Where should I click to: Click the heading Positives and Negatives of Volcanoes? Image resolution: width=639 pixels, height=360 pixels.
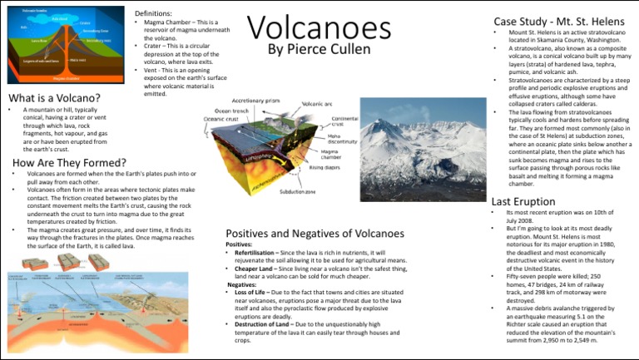(x=315, y=234)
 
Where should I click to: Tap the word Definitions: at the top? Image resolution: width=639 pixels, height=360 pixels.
(x=156, y=14)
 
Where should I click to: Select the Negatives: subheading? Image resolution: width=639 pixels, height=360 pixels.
(x=242, y=284)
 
